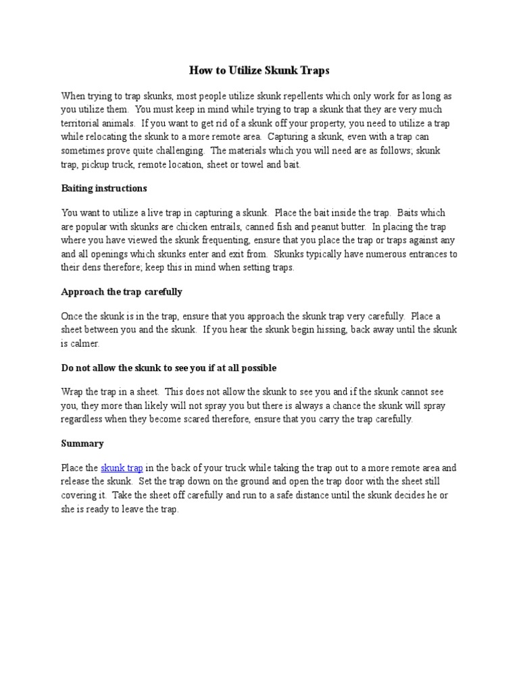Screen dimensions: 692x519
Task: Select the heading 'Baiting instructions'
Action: point(104,188)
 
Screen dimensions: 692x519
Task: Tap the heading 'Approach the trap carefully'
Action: point(122,292)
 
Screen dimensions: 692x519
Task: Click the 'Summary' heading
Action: point(82,443)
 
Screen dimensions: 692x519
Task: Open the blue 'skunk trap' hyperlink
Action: point(122,468)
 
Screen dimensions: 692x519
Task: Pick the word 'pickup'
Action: point(98,164)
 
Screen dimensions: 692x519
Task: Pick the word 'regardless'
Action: point(85,419)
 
